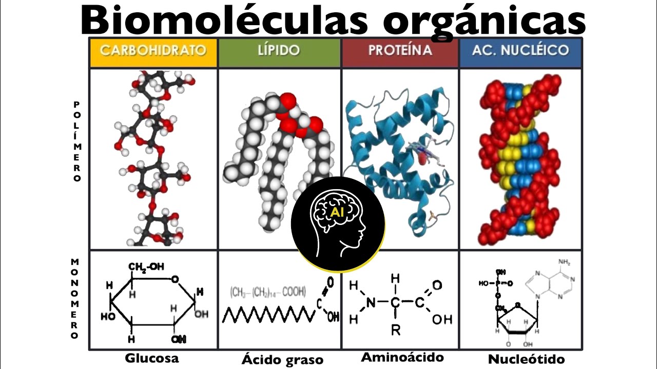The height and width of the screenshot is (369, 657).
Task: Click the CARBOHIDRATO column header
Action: click(153, 50)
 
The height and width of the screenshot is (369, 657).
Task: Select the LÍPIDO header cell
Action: click(279, 50)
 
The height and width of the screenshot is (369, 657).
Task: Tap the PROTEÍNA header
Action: click(400, 50)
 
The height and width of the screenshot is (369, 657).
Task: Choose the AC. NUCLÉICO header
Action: click(520, 50)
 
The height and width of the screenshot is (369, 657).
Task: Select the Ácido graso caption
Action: click(282, 359)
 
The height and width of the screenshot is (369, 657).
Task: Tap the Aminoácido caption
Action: click(402, 357)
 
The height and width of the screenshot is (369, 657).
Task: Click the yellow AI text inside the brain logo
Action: click(337, 212)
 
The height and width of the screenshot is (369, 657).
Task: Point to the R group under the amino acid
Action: click(395, 330)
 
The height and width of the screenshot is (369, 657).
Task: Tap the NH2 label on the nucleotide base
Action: click(564, 263)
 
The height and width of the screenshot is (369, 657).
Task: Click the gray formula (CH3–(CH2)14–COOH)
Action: click(267, 292)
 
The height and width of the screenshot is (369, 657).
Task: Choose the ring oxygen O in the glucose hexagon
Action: click(175, 279)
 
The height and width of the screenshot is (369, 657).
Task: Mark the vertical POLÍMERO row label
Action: click(77, 141)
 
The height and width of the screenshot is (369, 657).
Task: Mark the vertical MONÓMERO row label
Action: click(75, 299)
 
